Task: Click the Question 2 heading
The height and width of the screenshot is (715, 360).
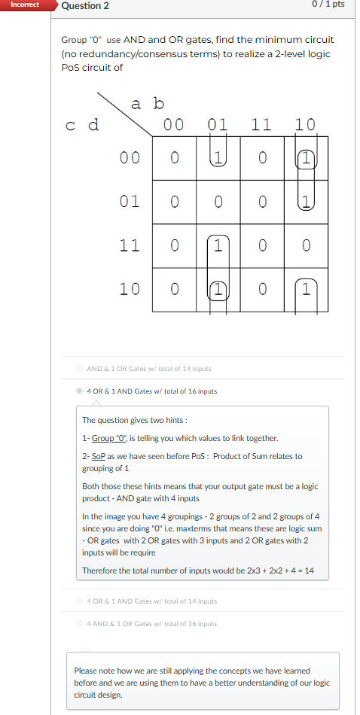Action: click(x=85, y=6)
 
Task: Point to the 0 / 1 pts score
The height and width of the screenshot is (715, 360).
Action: click(x=327, y=5)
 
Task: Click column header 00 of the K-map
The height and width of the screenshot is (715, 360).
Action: click(x=174, y=124)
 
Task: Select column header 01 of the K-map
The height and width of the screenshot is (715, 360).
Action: click(x=218, y=124)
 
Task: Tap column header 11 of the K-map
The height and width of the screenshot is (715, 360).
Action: click(x=261, y=124)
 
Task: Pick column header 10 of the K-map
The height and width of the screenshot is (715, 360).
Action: click(x=305, y=124)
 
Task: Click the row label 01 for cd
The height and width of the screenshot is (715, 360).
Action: click(x=130, y=202)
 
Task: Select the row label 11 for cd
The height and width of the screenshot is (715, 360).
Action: click(x=130, y=245)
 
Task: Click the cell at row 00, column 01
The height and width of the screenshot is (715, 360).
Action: click(x=218, y=158)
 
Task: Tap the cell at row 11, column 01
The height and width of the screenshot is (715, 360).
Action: click(x=218, y=245)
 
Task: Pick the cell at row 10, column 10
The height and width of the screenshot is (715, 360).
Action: click(x=305, y=289)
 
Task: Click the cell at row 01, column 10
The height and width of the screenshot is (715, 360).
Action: click(x=305, y=202)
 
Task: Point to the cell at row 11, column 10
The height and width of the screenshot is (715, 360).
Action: click(x=305, y=245)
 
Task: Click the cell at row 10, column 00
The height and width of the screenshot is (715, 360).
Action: click(x=174, y=289)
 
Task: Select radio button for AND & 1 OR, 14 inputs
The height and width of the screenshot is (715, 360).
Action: click(x=79, y=369)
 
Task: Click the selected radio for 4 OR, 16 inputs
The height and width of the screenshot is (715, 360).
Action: click(x=79, y=391)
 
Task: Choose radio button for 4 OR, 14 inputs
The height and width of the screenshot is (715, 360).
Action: click(x=79, y=601)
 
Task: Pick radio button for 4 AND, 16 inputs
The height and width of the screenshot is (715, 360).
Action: click(x=79, y=624)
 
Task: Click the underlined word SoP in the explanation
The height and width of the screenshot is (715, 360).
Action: click(x=97, y=456)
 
